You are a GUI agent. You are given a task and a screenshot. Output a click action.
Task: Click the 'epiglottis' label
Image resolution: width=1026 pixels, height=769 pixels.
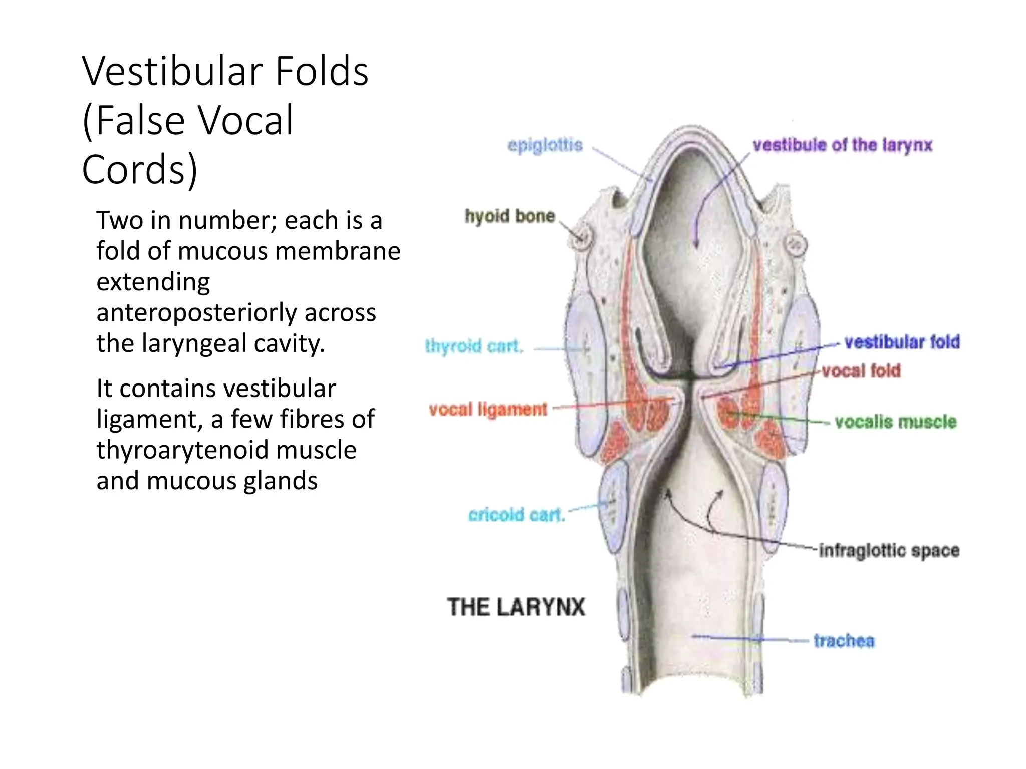(x=545, y=145)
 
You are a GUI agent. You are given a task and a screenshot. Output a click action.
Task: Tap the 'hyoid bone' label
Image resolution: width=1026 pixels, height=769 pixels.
(x=509, y=216)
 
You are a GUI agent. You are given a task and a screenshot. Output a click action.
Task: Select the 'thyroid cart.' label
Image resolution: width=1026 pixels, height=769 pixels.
(x=474, y=346)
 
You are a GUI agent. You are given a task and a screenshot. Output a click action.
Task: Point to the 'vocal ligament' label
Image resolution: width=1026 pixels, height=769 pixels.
(x=488, y=409)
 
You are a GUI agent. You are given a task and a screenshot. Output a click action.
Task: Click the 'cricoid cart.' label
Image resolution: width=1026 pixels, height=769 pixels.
(x=517, y=515)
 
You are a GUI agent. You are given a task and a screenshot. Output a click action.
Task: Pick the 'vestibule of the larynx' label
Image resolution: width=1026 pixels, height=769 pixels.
(x=843, y=145)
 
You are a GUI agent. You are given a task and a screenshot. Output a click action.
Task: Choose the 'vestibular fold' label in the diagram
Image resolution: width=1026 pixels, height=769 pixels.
(x=902, y=342)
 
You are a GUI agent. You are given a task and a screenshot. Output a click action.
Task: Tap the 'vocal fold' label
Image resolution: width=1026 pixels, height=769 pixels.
(x=861, y=371)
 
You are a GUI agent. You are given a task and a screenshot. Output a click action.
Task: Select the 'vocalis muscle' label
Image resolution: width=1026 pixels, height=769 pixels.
(x=895, y=422)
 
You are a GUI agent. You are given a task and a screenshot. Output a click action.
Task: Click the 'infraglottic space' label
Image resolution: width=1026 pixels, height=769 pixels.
(x=889, y=550)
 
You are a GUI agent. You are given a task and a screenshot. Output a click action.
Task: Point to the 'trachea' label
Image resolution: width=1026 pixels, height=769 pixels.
(x=844, y=641)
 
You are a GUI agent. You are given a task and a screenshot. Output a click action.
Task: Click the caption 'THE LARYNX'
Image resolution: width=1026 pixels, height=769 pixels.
(x=516, y=607)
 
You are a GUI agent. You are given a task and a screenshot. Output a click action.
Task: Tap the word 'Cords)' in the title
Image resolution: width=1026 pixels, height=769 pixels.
(x=140, y=169)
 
